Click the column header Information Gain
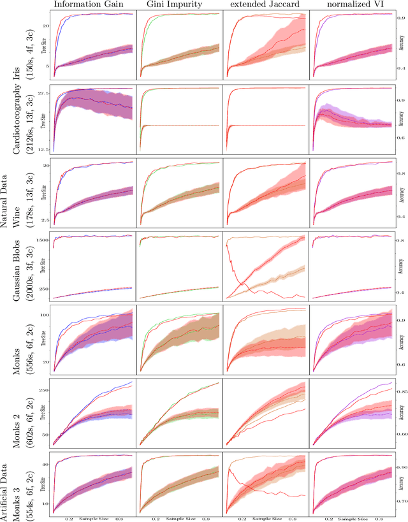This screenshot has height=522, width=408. pos(93,5)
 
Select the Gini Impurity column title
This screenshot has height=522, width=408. pos(180,5)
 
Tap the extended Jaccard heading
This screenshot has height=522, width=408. pos(266,5)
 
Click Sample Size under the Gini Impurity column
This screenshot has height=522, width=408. pos(180,519)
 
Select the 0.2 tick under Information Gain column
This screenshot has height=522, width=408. pos(68,519)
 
